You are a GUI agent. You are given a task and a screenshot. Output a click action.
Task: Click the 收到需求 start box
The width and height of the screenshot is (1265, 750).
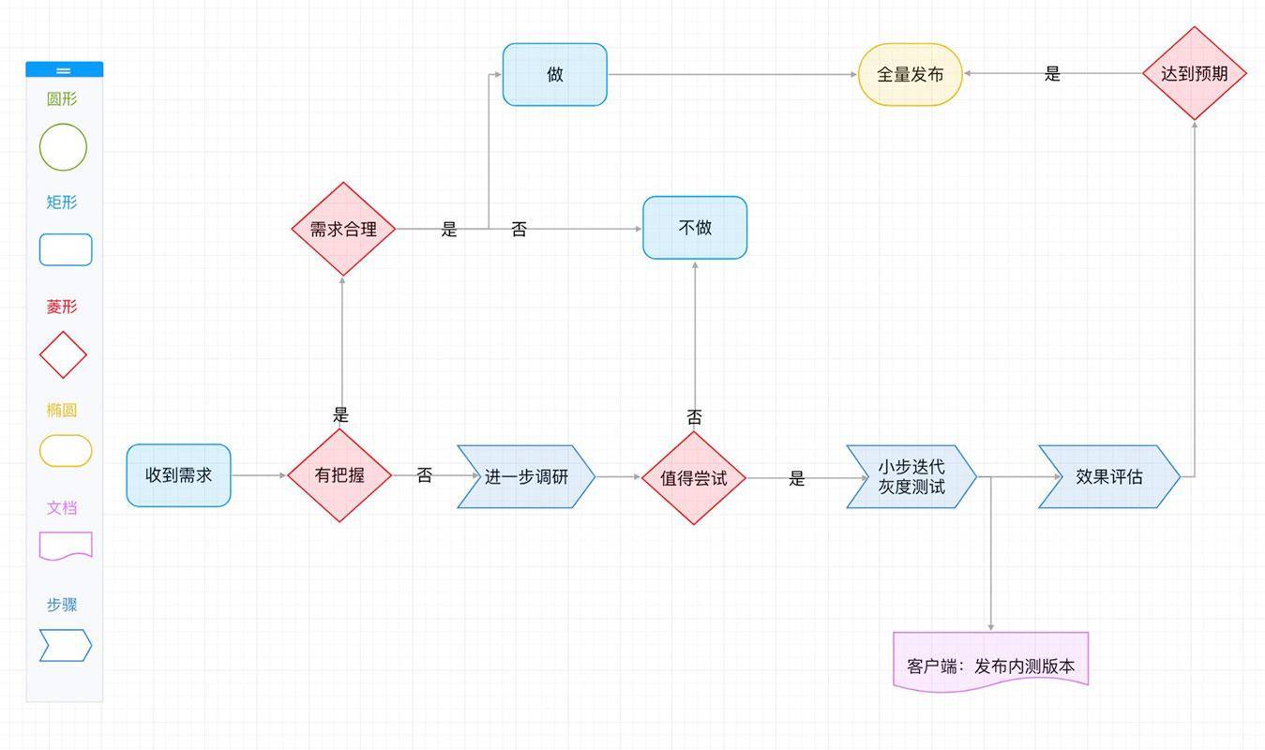(178, 475)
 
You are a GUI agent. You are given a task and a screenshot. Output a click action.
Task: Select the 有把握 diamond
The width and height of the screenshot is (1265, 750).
(339, 475)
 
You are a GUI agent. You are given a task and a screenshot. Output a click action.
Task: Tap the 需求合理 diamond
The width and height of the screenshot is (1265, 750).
(343, 229)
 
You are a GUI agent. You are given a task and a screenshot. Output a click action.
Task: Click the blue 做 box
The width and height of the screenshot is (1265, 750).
(554, 74)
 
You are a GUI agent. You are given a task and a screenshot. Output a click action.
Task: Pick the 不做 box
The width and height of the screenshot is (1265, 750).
(695, 228)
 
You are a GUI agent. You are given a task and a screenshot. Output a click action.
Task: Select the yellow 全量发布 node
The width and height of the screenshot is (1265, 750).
(910, 74)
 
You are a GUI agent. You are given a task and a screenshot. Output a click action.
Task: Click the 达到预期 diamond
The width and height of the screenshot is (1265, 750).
(1194, 73)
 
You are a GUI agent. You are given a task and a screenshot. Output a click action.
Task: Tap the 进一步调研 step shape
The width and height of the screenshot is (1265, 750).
(526, 476)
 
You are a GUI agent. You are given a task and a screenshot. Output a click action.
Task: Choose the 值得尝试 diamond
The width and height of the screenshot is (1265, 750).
(693, 477)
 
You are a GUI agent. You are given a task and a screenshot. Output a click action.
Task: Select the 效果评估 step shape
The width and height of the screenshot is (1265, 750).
(1108, 476)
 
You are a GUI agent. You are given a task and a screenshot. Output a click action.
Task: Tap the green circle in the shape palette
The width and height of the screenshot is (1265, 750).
(63, 147)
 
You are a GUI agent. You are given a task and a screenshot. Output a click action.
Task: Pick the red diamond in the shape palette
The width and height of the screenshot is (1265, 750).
(63, 354)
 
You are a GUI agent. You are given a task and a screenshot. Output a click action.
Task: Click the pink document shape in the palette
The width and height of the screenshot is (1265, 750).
(66, 545)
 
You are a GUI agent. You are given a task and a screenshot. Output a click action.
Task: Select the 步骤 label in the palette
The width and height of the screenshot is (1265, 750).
(62, 605)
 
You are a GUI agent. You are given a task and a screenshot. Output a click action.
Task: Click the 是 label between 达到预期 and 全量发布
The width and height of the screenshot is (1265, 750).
(1052, 74)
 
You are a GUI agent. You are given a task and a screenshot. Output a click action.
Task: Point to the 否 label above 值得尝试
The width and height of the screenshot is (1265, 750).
(694, 417)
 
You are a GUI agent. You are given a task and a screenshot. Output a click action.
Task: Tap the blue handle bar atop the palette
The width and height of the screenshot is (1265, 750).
(64, 69)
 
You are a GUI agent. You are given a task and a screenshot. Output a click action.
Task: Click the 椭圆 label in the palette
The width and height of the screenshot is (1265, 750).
(62, 410)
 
